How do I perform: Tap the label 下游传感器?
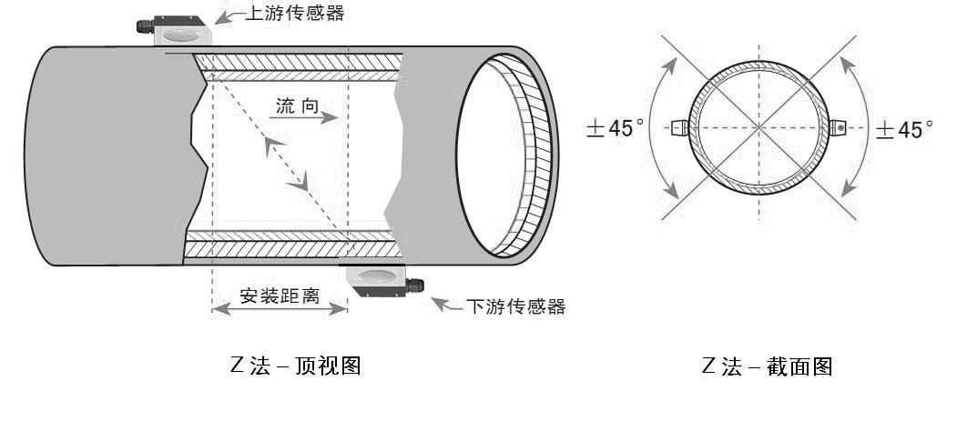coord(515,306)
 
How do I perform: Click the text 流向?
coord(297,106)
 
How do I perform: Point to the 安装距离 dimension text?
coord(280,296)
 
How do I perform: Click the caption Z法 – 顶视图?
coord(297,366)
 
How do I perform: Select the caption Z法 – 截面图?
coord(767,366)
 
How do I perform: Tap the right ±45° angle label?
coord(903,129)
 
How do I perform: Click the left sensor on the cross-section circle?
coord(679,128)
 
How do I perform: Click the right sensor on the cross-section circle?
coord(838,128)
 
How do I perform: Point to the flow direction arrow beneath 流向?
coord(306,118)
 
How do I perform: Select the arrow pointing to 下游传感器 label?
coord(446,304)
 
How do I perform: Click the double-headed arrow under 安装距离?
coord(280,310)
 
